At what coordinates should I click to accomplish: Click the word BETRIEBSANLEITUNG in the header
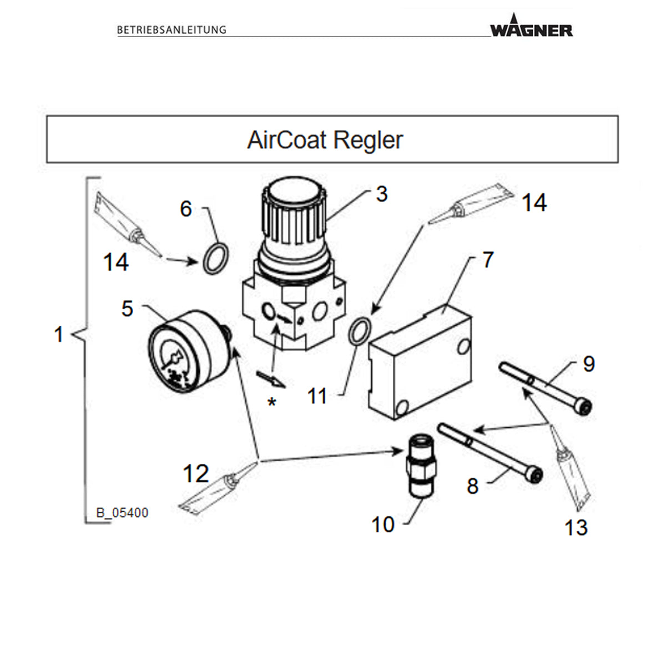tap(171, 30)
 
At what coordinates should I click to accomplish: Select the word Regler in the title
tap(369, 140)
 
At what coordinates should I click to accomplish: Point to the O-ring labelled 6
tap(215, 259)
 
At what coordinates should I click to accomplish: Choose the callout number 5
tap(127, 309)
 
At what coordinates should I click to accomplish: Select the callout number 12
tap(195, 473)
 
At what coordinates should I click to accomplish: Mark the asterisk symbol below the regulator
tap(272, 402)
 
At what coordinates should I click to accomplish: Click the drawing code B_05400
tap(122, 513)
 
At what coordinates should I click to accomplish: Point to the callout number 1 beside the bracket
tap(59, 335)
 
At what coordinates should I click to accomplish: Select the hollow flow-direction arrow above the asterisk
tap(271, 379)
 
